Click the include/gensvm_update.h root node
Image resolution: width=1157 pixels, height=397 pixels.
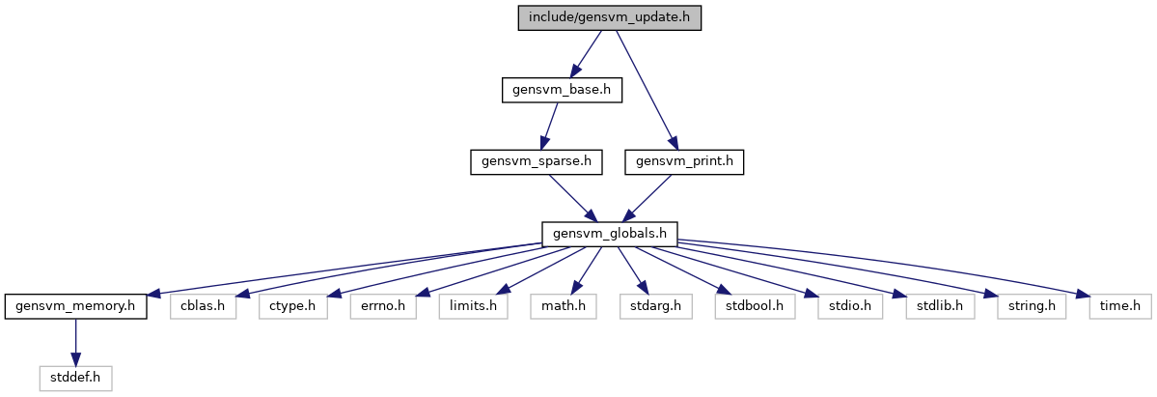pos(610,17)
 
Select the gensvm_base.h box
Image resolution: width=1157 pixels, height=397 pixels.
pos(562,90)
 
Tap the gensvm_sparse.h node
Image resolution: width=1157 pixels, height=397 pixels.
pos(537,162)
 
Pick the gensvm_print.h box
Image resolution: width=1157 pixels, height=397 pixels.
pos(684,162)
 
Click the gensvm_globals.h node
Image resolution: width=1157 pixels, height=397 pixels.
pos(610,234)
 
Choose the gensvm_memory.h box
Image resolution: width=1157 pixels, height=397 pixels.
pos(76,306)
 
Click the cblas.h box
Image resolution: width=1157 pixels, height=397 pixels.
pos(203,306)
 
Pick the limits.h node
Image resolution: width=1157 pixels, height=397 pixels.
pos(473,306)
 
